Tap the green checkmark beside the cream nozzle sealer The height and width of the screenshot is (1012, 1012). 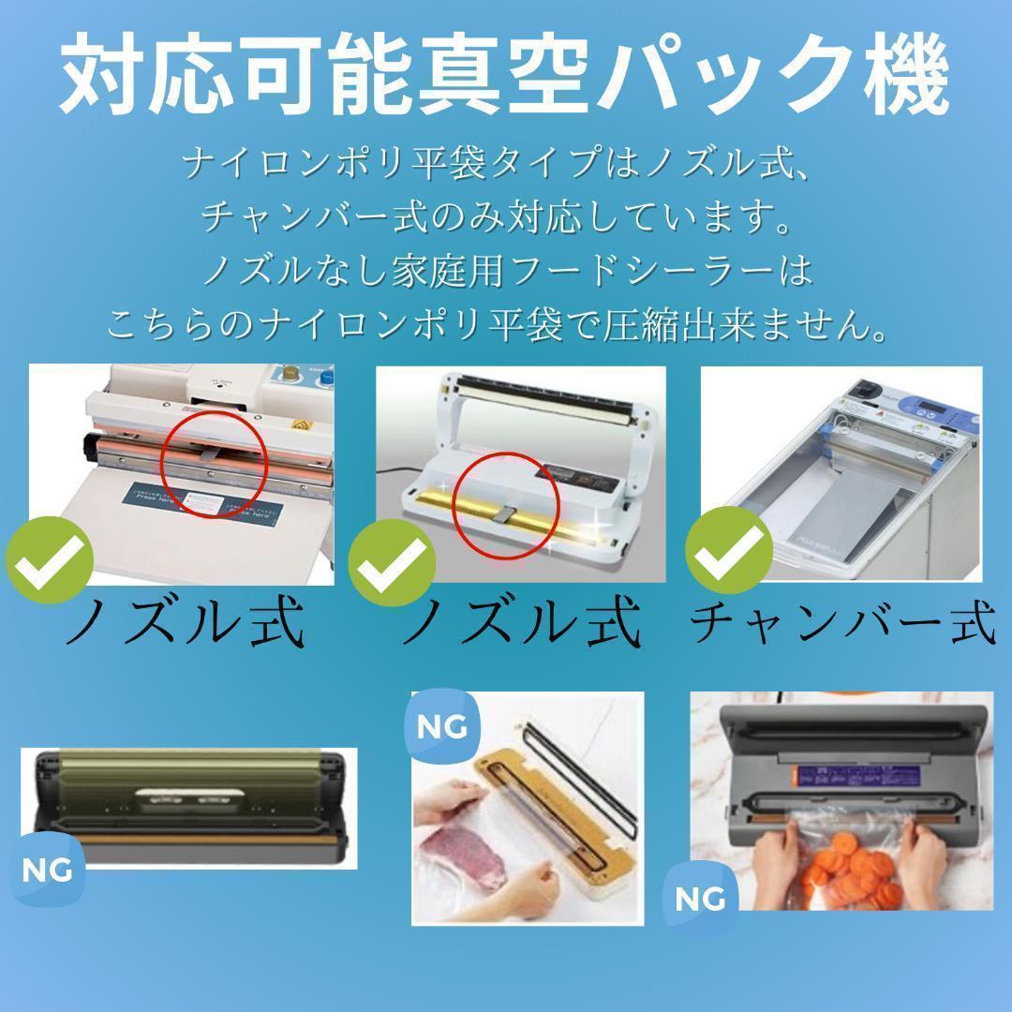(x=50, y=560)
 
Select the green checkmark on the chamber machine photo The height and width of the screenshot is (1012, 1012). (x=729, y=550)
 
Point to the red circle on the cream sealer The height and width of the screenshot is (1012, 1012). (x=214, y=464)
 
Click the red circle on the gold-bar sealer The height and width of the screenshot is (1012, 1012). (x=506, y=505)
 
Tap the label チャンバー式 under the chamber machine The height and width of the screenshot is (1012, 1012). (x=843, y=622)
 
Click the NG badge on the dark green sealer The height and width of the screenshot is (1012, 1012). (x=47, y=870)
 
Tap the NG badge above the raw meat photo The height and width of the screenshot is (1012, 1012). (x=442, y=727)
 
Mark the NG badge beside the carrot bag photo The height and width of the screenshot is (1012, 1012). (x=700, y=898)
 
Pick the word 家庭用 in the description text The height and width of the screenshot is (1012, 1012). (x=447, y=271)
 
